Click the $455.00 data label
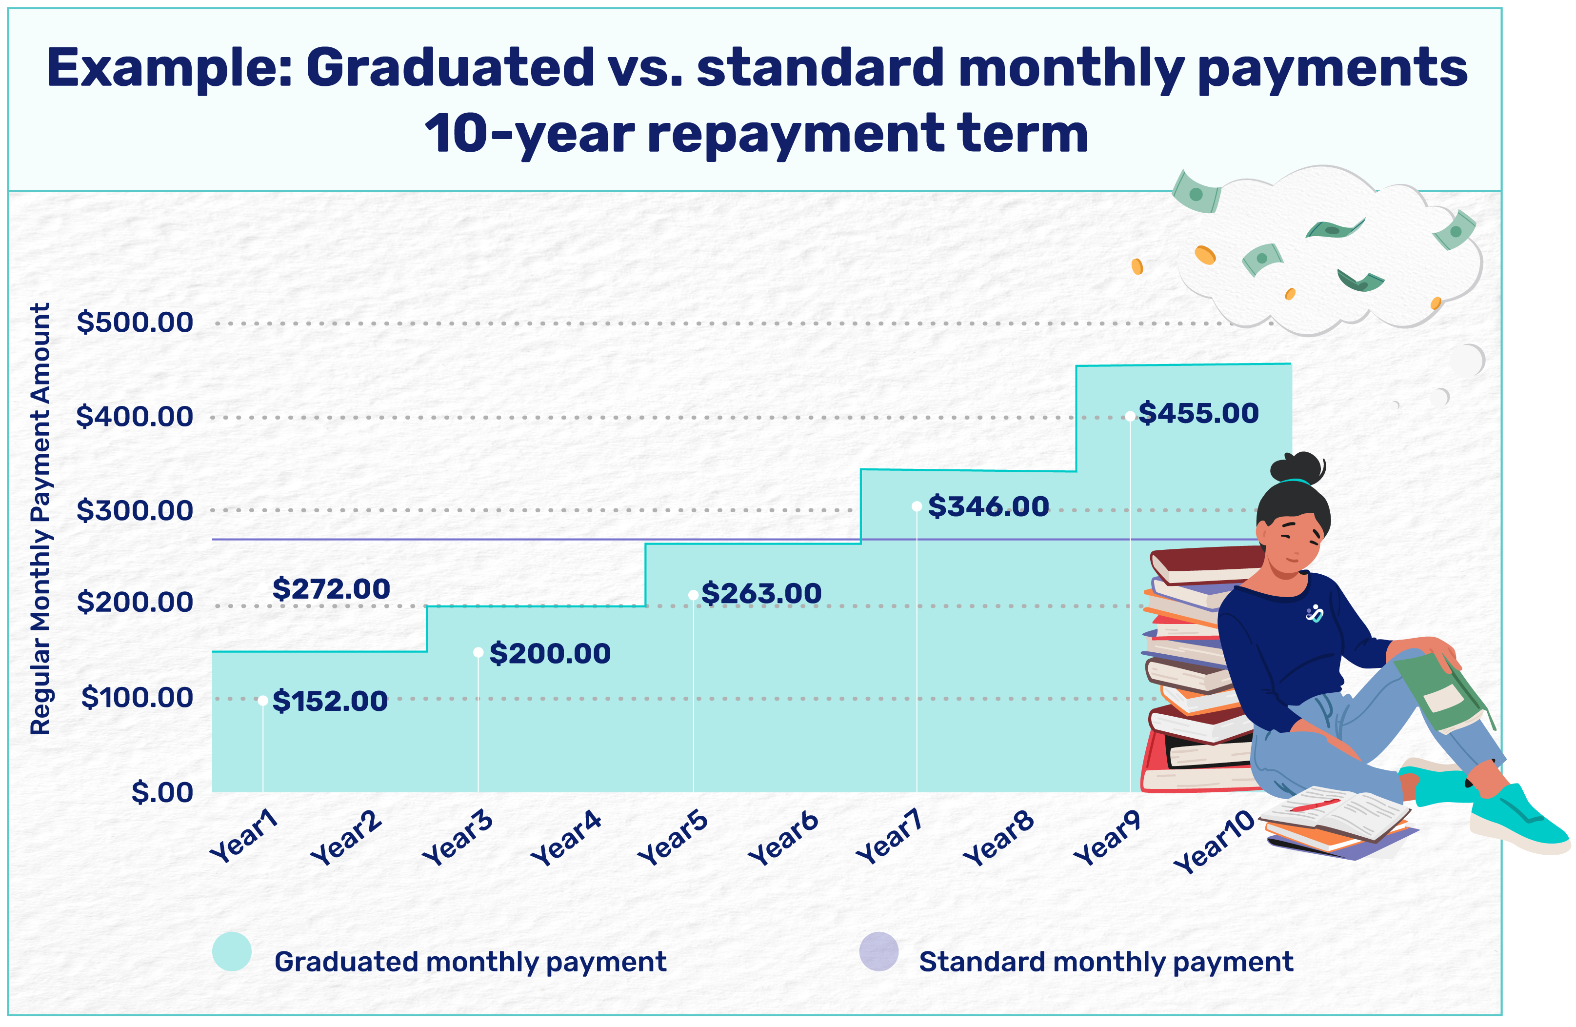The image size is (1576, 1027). [x=1198, y=414]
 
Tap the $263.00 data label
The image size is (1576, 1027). [x=761, y=594]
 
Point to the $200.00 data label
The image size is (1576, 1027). [x=550, y=654]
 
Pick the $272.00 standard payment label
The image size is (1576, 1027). [x=331, y=589]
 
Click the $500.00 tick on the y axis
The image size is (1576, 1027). [x=135, y=323]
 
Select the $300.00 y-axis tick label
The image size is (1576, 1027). [x=135, y=510]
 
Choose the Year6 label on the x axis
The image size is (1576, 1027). [x=783, y=840]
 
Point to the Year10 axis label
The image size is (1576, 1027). [x=1214, y=842]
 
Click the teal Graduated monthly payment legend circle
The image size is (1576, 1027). [x=232, y=951]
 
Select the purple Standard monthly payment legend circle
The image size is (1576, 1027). [x=878, y=951]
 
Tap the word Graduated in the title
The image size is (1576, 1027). [x=450, y=69]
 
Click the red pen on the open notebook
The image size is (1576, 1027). [x=1315, y=805]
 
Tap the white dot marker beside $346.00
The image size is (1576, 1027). [x=917, y=506]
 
